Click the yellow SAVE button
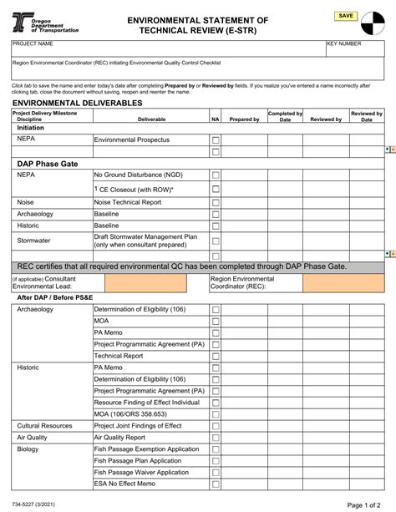[x=346, y=16]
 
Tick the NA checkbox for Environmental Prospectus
[x=216, y=140]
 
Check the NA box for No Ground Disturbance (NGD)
[x=216, y=175]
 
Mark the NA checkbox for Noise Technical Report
[x=216, y=202]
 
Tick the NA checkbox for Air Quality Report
[x=216, y=437]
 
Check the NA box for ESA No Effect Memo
[x=216, y=484]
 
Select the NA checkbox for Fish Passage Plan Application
[x=216, y=460]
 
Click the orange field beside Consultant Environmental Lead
[x=150, y=283]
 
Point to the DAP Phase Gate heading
[x=48, y=164]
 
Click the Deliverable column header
[x=150, y=119]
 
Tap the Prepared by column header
[x=244, y=119]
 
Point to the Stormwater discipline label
[x=34, y=241]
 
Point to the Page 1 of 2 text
[x=365, y=504]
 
